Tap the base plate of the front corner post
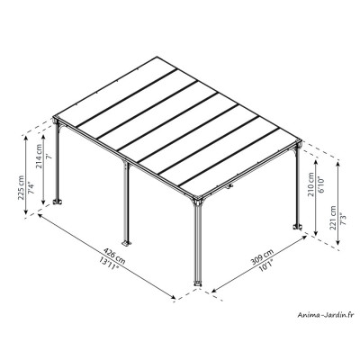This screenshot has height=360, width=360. (198, 289)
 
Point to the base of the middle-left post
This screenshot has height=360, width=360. (128, 241)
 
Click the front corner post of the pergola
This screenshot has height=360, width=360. (198, 243)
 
